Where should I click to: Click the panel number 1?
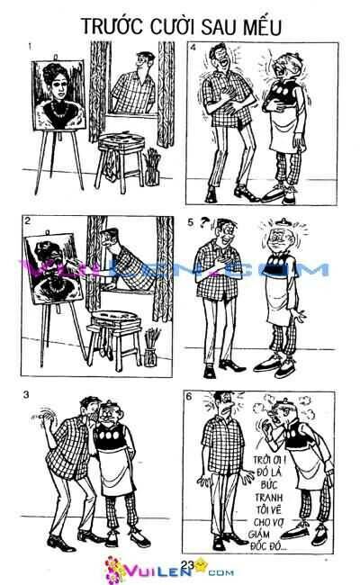coord(31,45)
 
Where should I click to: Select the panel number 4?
coord(193,45)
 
